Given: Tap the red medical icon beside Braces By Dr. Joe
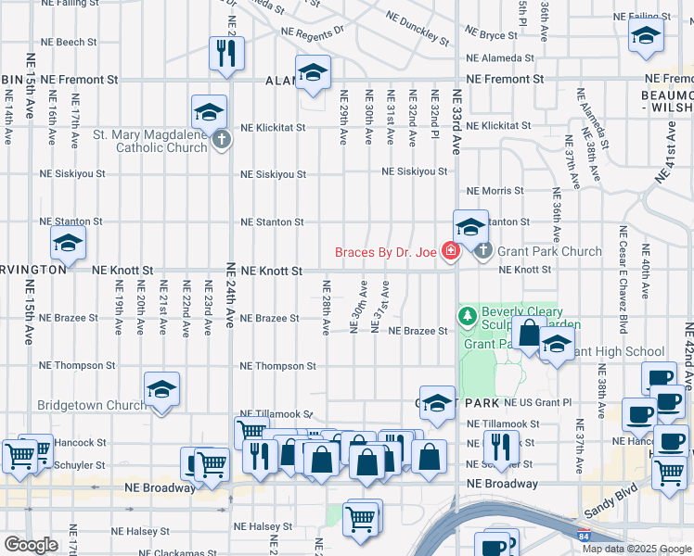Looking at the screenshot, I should pyautogui.click(x=451, y=251).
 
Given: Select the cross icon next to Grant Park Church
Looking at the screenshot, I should pyautogui.click(x=483, y=251).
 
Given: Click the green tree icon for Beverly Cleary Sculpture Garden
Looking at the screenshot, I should pyautogui.click(x=467, y=317).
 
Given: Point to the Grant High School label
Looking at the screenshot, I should pyautogui.click(x=619, y=352).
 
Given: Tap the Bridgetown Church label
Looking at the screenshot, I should pyautogui.click(x=89, y=406).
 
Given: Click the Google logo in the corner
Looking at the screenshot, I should pyautogui.click(x=31, y=545).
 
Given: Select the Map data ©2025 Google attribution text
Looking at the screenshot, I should pyautogui.click(x=636, y=549).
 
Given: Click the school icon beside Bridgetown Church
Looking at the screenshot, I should pyautogui.click(x=161, y=389).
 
